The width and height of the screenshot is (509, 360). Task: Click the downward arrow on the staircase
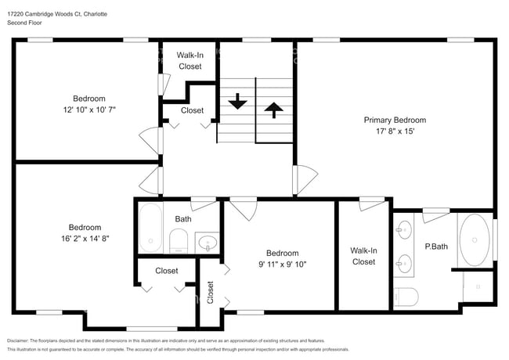click(x=236, y=103)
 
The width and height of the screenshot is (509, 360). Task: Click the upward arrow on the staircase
click(x=273, y=109)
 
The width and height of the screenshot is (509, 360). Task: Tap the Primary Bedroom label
click(x=395, y=120)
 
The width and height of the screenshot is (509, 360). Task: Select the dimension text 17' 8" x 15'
click(x=395, y=131)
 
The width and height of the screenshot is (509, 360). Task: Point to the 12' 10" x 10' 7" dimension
click(x=89, y=110)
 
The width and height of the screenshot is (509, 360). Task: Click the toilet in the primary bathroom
click(x=406, y=297)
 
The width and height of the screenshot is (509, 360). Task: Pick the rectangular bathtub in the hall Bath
click(x=150, y=228)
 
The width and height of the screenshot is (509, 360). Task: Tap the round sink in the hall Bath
click(x=207, y=242)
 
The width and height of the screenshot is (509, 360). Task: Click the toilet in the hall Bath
click(x=179, y=240)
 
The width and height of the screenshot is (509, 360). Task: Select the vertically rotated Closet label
click(x=210, y=292)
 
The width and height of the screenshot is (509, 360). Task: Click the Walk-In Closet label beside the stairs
click(x=190, y=61)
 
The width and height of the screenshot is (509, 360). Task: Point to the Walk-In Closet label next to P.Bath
click(x=363, y=256)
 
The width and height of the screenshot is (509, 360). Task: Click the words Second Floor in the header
click(x=25, y=23)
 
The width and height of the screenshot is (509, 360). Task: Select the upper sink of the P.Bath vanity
click(x=404, y=230)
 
